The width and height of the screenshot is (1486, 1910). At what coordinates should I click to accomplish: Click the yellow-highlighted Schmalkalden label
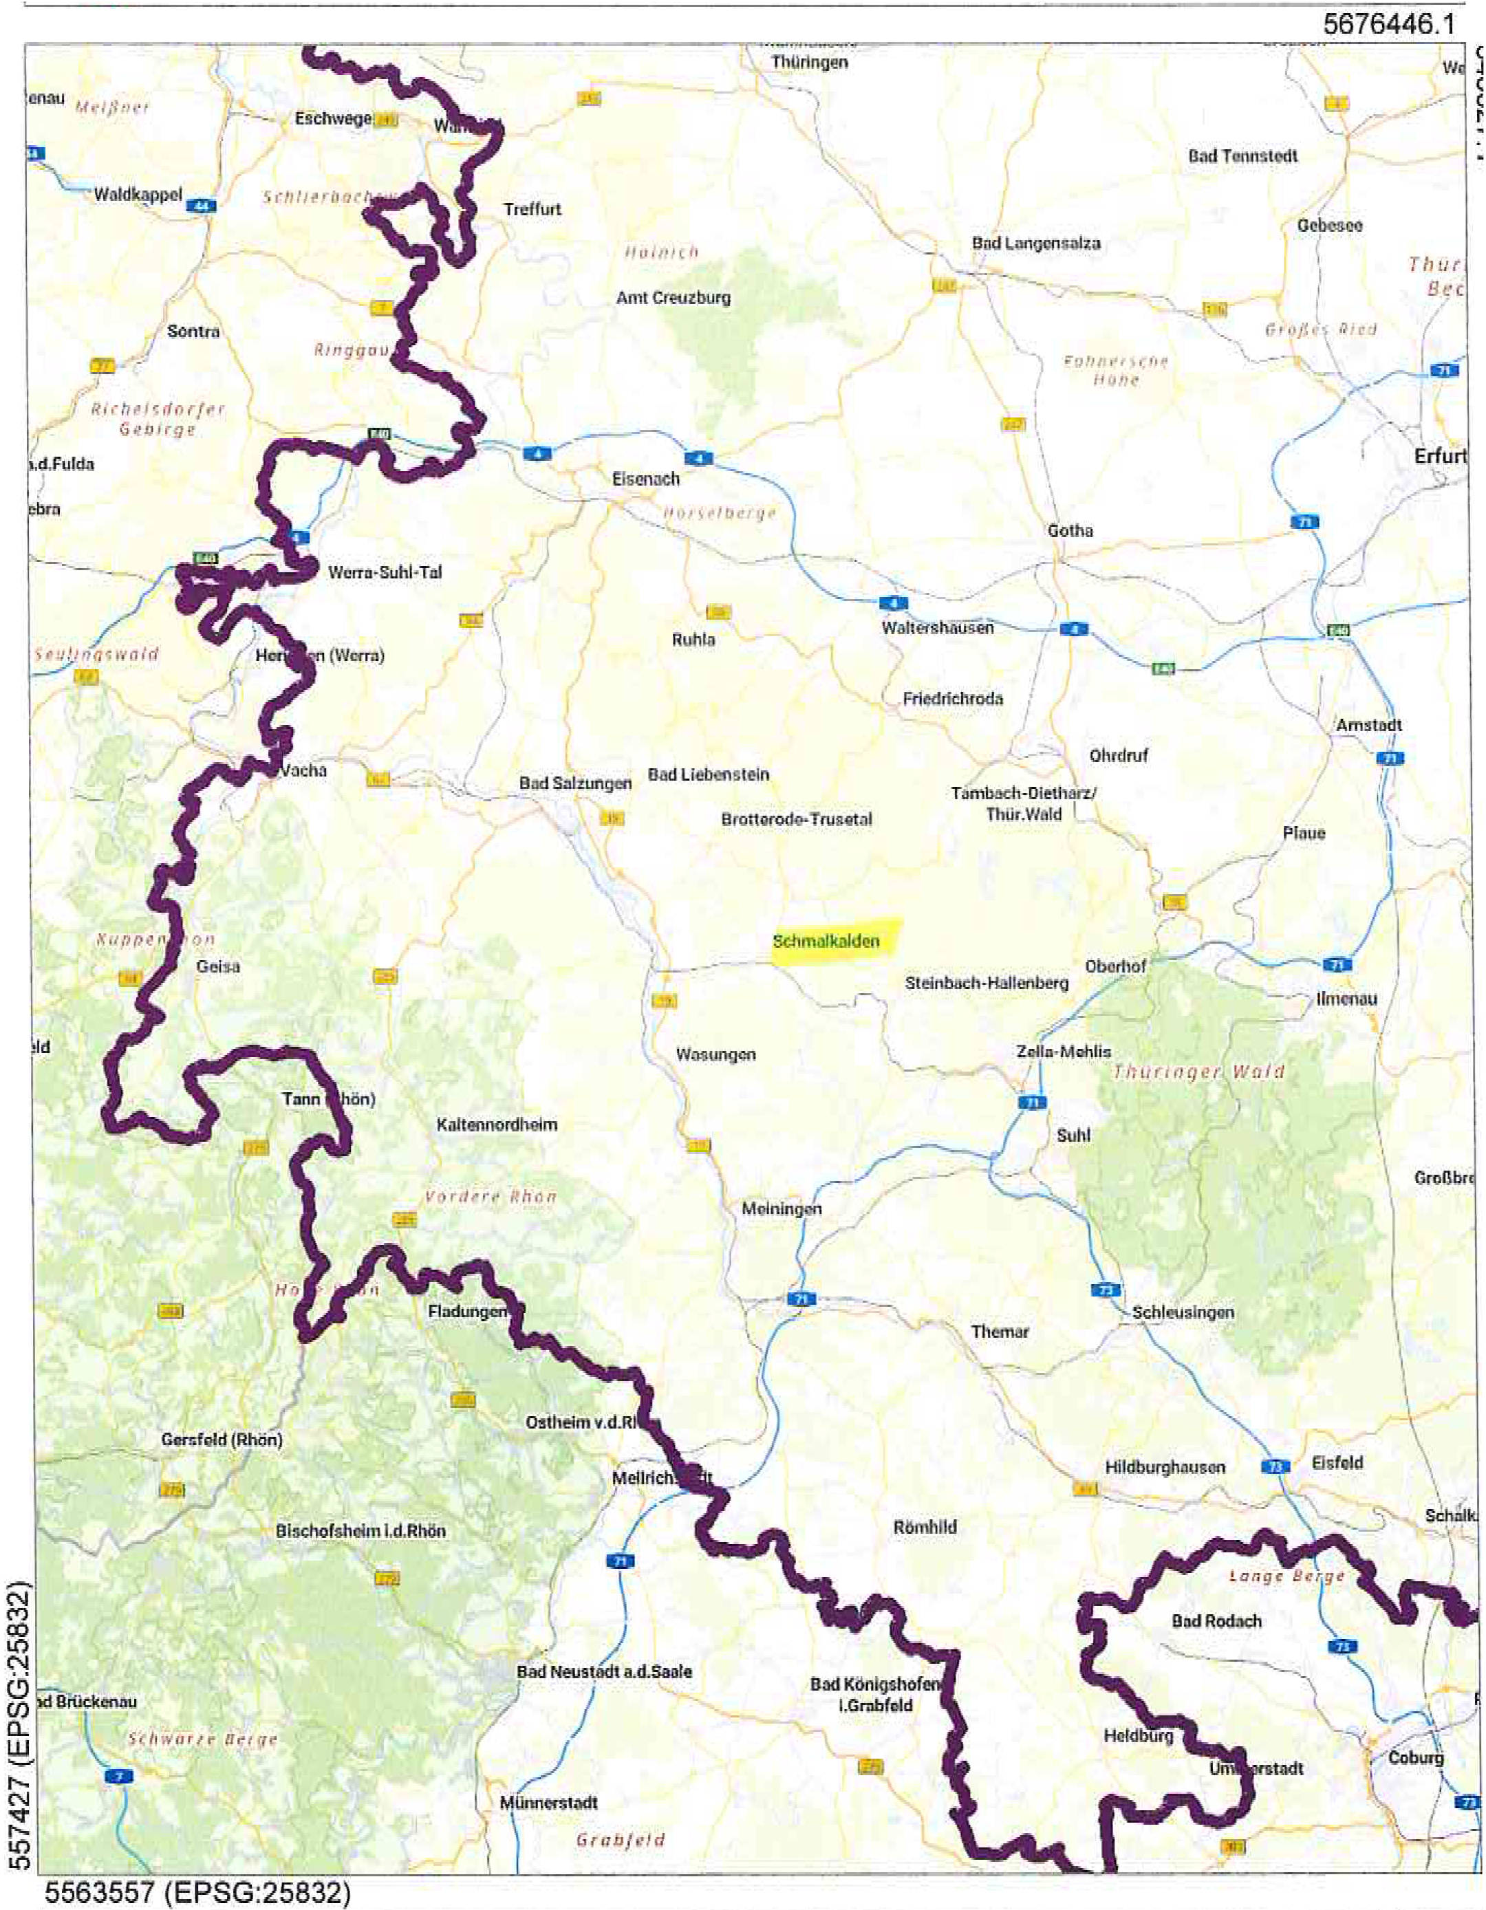(x=826, y=942)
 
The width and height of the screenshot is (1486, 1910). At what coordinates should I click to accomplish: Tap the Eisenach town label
(x=645, y=479)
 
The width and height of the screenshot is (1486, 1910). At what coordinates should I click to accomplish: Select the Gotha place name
(x=1070, y=530)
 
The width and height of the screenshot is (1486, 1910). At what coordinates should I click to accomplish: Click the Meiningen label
(x=781, y=1208)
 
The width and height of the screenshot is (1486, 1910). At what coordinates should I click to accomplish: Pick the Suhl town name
(x=1073, y=1135)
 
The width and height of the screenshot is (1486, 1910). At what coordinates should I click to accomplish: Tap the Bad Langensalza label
(x=1035, y=243)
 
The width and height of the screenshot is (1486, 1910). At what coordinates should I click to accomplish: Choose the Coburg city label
(x=1416, y=1758)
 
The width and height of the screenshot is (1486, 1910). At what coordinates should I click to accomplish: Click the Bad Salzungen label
(x=574, y=783)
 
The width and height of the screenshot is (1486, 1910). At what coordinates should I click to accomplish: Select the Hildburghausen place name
(x=1164, y=1468)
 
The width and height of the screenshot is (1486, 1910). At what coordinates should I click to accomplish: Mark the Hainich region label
(x=661, y=252)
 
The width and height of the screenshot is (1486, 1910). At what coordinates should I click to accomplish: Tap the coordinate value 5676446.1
(x=1389, y=23)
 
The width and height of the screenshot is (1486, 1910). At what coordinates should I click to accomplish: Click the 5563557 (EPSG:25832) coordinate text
(x=197, y=1893)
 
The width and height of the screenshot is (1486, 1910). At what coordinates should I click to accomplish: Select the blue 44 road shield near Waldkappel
(x=202, y=206)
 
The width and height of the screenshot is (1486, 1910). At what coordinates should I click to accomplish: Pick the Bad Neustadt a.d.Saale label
(x=603, y=1671)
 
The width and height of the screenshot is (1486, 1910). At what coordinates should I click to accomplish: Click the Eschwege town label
(x=333, y=118)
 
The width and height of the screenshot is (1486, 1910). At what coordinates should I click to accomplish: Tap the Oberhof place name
(x=1115, y=966)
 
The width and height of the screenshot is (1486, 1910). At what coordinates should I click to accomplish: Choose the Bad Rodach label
(x=1216, y=1620)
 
